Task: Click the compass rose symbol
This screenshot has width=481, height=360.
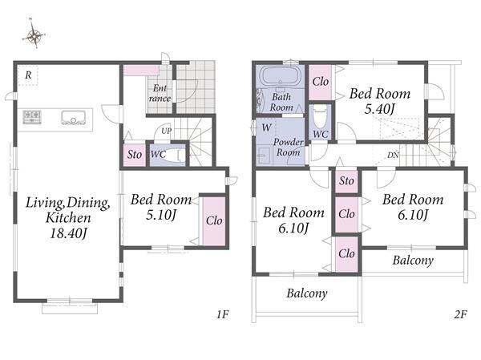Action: pyautogui.click(x=34, y=34)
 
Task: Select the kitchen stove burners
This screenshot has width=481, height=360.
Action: pyautogui.click(x=32, y=117)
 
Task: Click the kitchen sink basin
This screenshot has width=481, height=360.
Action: pyautogui.click(x=73, y=118)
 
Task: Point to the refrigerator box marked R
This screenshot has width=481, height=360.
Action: pyautogui.click(x=28, y=75)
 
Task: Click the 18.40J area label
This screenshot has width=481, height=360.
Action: pyautogui.click(x=68, y=234)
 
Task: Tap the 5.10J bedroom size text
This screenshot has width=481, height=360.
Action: pyautogui.click(x=161, y=215)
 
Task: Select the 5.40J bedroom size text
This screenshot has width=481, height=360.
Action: pyautogui.click(x=379, y=109)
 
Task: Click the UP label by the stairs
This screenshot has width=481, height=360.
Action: pyautogui.click(x=166, y=131)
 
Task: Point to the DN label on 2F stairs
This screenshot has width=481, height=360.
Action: pyautogui.click(x=393, y=156)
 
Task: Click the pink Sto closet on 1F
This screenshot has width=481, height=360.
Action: pyautogui.click(x=135, y=155)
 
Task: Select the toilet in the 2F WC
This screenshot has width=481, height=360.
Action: pyautogui.click(x=321, y=117)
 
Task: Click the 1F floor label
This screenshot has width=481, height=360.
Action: pyautogui.click(x=223, y=314)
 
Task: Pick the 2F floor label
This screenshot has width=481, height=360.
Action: pyautogui.click(x=460, y=314)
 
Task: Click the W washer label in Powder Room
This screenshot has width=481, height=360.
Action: pyautogui.click(x=266, y=127)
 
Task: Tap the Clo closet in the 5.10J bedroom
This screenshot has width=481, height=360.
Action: pyautogui.click(x=214, y=220)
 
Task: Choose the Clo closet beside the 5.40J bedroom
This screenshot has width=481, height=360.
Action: pyautogui.click(x=320, y=83)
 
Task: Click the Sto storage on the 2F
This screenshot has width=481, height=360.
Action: pyautogui.click(x=346, y=180)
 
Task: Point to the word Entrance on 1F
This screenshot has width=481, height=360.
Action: pyautogui.click(x=160, y=93)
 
